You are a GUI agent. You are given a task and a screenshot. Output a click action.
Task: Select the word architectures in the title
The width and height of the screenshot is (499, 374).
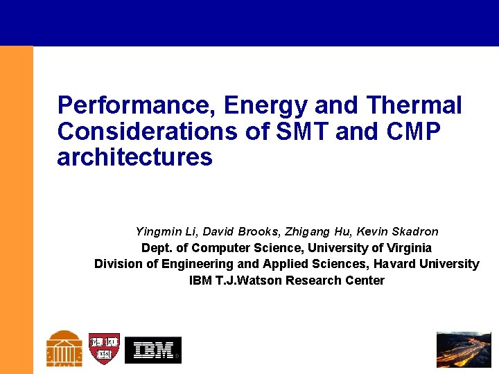[134, 157]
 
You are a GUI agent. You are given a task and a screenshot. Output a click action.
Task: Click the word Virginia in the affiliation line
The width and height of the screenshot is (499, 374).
[405, 247]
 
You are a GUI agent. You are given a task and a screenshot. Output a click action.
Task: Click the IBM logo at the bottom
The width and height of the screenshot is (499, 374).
[153, 350]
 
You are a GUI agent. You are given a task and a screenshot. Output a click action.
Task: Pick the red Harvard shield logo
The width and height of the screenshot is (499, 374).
[104, 349]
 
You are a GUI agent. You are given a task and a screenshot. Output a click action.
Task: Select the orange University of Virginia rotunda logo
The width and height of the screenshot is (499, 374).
[64, 348]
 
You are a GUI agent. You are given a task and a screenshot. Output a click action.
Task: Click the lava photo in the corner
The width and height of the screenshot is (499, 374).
[464, 350]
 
